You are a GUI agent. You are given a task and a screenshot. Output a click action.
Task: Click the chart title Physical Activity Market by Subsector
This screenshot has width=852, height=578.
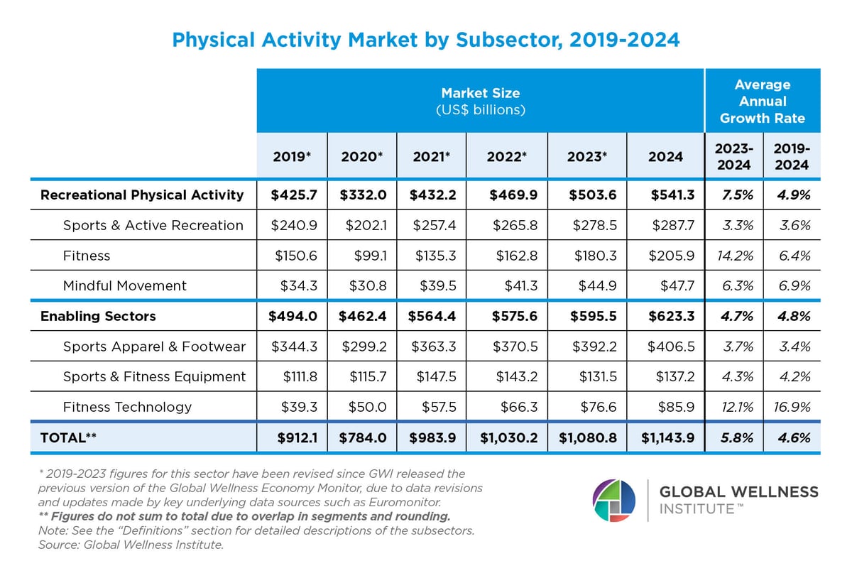pos(425,40)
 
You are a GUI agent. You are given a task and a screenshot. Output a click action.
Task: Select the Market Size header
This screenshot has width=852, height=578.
pos(480,101)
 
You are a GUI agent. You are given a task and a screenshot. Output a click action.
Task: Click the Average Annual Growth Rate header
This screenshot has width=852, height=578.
pos(762,102)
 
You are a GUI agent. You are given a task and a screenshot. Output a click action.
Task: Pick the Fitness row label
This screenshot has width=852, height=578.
pos(87,256)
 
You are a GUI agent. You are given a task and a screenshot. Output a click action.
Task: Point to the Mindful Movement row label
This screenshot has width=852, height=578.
pos(124,286)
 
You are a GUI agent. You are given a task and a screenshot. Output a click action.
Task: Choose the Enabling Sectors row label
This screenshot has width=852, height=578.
pos(98,316)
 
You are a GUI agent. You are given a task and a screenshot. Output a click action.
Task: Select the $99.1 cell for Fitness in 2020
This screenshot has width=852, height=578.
pos(370,256)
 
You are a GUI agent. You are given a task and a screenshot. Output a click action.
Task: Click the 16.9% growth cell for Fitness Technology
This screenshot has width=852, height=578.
pos(791,407)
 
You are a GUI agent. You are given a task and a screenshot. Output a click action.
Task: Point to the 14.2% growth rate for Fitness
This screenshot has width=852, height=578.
pos(733,256)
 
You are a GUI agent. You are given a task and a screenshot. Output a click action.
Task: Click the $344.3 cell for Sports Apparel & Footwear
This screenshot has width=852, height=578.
pos(295,347)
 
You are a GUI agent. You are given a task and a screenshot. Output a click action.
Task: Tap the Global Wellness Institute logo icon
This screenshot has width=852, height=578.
pos(614,501)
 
